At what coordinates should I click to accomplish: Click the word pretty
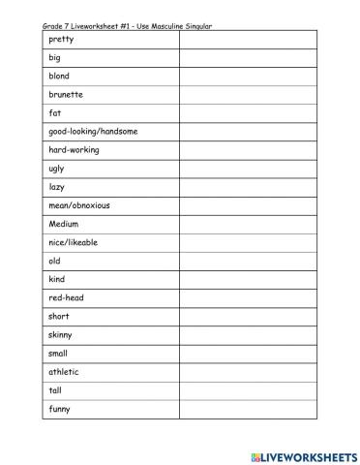coord(61,40)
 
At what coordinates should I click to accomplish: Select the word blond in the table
coord(59,76)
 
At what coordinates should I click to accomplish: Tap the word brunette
coord(65,94)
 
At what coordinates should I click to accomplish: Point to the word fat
coord(55,112)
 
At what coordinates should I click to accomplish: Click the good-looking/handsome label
coord(93,132)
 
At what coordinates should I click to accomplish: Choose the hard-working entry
coord(74,150)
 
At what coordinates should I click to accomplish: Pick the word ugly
coord(56,169)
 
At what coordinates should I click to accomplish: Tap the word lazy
coord(56,187)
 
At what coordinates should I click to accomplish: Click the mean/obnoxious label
coord(79,205)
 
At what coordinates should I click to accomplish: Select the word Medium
coord(63,224)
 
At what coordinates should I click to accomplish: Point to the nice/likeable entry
coord(73,242)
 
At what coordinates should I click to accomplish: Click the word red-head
coord(66,298)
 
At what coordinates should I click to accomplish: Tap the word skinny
coord(61,335)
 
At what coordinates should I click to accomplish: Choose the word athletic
coord(64,372)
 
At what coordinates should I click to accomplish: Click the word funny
coord(60,409)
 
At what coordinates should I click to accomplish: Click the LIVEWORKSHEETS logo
coord(303,454)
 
